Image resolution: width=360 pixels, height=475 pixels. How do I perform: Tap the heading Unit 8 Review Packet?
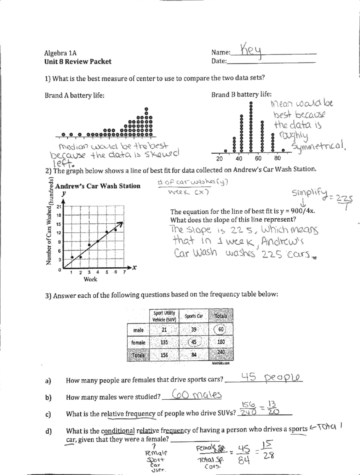[x=78, y=62]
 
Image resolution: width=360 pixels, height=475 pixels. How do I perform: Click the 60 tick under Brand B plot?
[x=258, y=158]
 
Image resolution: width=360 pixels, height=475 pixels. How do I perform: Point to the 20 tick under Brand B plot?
[x=219, y=158]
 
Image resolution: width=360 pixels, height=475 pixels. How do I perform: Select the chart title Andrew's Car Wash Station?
[x=98, y=186]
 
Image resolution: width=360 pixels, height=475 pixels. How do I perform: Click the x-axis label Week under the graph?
[x=90, y=279]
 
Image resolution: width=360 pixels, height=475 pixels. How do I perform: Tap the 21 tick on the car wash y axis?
[x=59, y=206]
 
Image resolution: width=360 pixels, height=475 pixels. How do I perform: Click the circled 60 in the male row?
[x=221, y=329]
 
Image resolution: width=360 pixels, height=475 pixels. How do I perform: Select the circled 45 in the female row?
[x=194, y=342]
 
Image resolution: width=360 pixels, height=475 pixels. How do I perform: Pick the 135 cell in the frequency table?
[x=164, y=342]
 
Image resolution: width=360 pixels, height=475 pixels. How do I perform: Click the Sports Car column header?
[x=193, y=316]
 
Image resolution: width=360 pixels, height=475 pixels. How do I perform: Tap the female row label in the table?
[x=138, y=342]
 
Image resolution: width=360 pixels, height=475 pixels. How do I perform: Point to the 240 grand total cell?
[x=221, y=352]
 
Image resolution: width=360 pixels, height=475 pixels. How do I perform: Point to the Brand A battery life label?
[x=74, y=95]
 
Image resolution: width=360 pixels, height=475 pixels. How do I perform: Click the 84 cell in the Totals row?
[x=194, y=355]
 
